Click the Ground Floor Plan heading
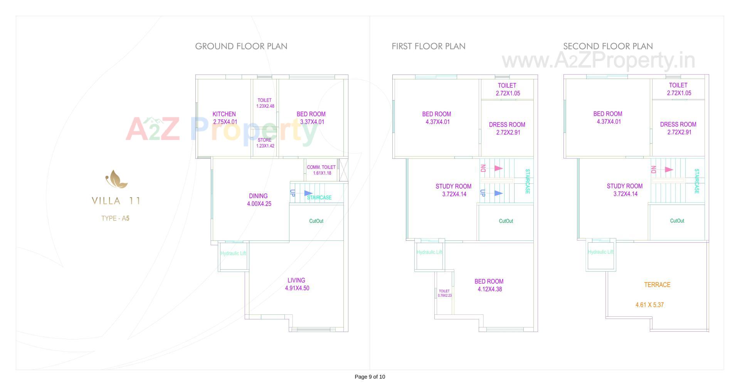[241, 46]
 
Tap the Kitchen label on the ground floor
[224, 114]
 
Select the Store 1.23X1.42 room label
[265, 143]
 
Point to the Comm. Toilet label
[321, 170]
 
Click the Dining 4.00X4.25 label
[259, 200]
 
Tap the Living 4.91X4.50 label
[296, 284]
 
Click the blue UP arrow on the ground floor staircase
[308, 193]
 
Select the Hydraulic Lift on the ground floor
[233, 253]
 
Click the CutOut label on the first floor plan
[506, 221]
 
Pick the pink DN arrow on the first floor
[498, 168]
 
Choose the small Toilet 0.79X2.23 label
[444, 293]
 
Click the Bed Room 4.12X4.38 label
[489, 285]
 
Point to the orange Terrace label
[657, 285]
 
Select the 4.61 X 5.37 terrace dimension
[649, 305]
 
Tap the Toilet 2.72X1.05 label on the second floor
[678, 89]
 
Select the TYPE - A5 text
[115, 218]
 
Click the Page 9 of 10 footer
[370, 377]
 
